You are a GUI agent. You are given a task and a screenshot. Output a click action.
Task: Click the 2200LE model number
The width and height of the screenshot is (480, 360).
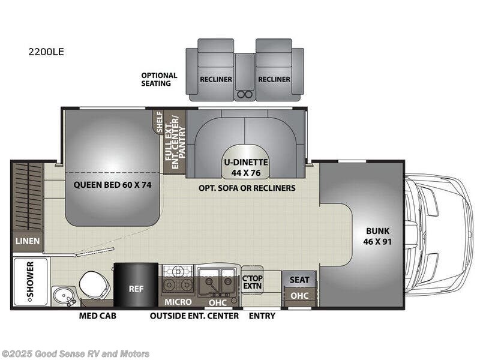46,52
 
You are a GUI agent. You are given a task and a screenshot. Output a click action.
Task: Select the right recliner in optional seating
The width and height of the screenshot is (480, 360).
274,71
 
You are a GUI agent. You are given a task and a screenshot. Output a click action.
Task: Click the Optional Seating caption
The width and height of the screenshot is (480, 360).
159,79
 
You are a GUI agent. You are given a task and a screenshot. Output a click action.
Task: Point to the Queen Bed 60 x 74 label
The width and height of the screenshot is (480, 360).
113,185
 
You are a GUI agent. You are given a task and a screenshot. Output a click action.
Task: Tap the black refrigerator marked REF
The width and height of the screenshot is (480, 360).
136,287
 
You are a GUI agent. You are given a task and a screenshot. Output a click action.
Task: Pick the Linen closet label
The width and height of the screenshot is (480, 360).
27,241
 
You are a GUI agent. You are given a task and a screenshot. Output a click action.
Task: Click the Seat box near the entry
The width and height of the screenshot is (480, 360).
299,280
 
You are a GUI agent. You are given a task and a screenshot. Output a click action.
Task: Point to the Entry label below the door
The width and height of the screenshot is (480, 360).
262,316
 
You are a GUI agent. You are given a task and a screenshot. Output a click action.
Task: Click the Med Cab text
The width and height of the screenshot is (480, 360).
97,316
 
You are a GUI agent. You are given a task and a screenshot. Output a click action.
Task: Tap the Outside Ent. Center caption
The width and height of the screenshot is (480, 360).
194,316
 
